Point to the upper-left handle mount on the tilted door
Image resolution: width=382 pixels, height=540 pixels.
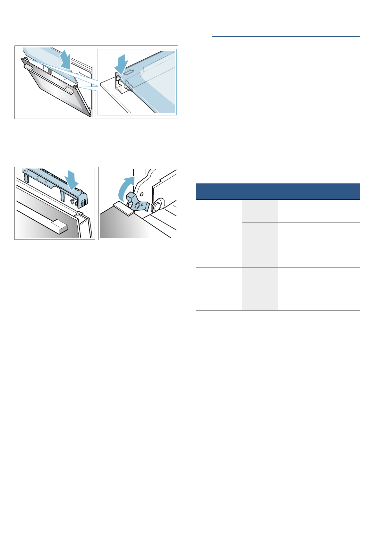coord(28,67)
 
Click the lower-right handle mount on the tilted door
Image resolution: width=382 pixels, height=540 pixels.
coord(70,90)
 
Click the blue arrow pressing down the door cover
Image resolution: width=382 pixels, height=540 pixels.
coord(71,180)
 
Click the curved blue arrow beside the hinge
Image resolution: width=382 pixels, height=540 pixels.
coord(125,189)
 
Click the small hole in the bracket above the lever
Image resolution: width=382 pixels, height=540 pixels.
coord(142,194)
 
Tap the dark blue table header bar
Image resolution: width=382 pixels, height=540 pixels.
coord(278,191)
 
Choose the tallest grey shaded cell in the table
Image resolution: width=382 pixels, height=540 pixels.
coord(260,289)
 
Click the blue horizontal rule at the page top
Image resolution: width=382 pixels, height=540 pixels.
coord(286,37)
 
